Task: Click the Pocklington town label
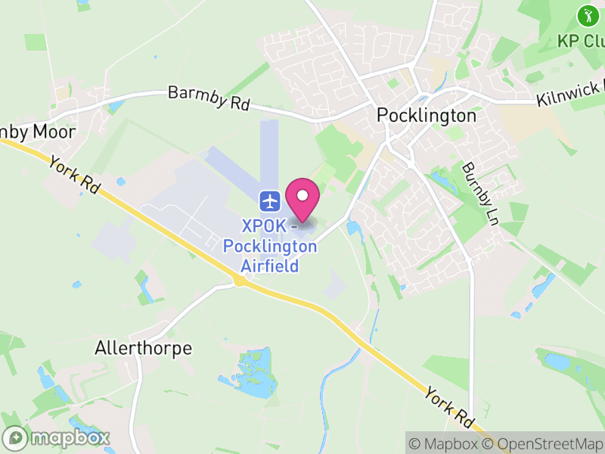click(x=427, y=116)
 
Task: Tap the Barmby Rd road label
click(x=209, y=98)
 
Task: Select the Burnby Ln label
click(x=481, y=194)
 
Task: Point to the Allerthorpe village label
click(x=144, y=348)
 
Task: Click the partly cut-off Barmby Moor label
click(x=38, y=132)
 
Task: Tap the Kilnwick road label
click(x=570, y=95)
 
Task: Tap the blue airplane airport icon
click(x=271, y=201)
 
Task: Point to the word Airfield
click(x=269, y=266)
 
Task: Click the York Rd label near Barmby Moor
click(x=74, y=175)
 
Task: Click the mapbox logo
click(x=57, y=437)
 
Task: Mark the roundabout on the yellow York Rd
click(x=240, y=281)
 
